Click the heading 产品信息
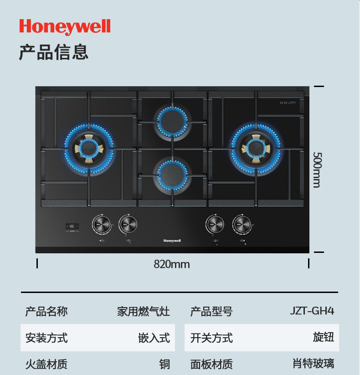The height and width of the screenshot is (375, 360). click(x=53, y=52)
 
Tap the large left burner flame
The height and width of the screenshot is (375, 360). click(x=89, y=149)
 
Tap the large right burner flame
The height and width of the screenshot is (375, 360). click(x=256, y=149)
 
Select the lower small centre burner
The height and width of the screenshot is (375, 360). click(x=172, y=174)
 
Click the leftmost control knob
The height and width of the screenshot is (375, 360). click(x=101, y=224)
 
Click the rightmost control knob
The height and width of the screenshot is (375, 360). click(x=242, y=224)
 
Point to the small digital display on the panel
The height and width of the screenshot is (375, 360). click(x=72, y=226)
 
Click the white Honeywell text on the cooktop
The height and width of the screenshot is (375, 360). click(x=172, y=241)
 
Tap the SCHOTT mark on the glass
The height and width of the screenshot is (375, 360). click(x=288, y=103)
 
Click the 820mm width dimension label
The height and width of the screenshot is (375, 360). click(x=172, y=264)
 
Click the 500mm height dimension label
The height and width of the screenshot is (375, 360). click(x=317, y=169)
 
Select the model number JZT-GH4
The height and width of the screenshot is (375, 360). click(x=312, y=311)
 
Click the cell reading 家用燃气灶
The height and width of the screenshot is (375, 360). click(x=143, y=312)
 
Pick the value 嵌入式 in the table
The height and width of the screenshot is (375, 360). click(x=154, y=338)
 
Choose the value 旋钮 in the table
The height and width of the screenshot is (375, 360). click(x=324, y=337)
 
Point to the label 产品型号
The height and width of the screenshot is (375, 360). click(x=211, y=312)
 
